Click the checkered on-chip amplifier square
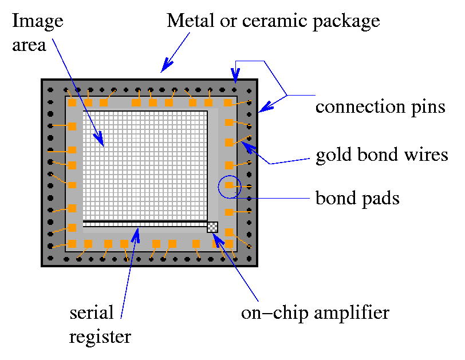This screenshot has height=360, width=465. pyautogui.click(x=212, y=227)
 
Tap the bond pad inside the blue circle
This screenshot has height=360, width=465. pyautogui.click(x=230, y=185)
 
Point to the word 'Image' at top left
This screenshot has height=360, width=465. pyautogui.click(x=37, y=22)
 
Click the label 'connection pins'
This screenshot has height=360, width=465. pyautogui.click(x=380, y=108)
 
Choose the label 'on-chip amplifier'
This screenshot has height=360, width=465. pyautogui.click(x=315, y=313)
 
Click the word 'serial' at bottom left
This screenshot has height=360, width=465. pyautogui.click(x=91, y=313)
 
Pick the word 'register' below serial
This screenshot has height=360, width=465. pyautogui.click(x=100, y=337)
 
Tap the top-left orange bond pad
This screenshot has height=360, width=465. pyautogui.click(x=72, y=102)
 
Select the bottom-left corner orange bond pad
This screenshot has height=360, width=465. pyautogui.click(x=72, y=245)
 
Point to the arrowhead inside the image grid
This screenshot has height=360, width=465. pyautogui.click(x=100, y=141)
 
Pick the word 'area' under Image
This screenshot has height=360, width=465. pyautogui.click(x=29, y=45)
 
